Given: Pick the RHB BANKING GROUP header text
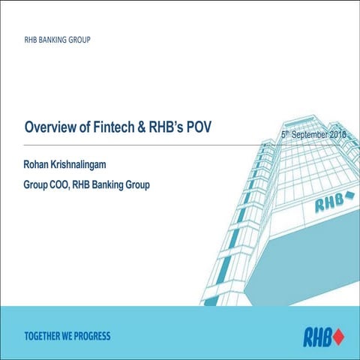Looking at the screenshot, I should click(57, 37).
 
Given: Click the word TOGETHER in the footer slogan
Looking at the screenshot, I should click(45, 334).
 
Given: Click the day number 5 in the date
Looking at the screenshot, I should click(274, 136).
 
